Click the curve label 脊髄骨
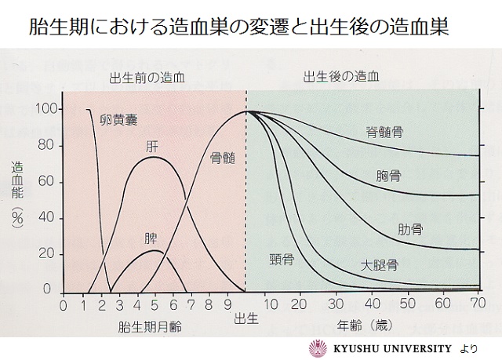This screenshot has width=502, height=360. [x=384, y=132]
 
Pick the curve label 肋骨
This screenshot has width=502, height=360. [x=410, y=230]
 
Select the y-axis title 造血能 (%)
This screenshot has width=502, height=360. [x=16, y=195]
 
